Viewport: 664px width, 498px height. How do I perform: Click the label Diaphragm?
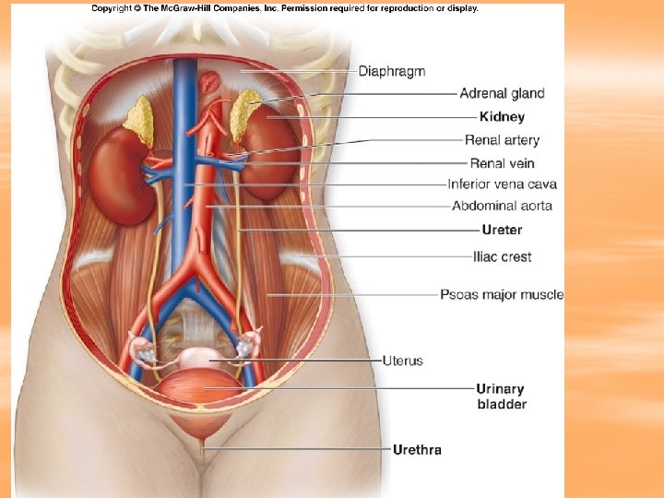pos(392,71)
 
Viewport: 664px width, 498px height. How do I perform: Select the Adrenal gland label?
pos(503,93)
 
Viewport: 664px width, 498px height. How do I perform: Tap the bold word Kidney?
pos(503,117)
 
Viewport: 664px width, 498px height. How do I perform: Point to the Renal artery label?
pos(503,140)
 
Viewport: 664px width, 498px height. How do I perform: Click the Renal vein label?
pos(503,163)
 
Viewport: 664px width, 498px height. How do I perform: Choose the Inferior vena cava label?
pos(503,184)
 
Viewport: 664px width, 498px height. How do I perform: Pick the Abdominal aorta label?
pos(504,205)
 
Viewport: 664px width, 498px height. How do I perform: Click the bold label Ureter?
pos(503,230)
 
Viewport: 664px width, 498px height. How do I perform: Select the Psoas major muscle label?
pos(502,295)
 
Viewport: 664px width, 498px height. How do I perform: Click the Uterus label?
pos(403,360)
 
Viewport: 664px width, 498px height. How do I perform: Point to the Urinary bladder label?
pos(502,397)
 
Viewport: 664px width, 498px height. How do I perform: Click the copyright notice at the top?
pos(285,8)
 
